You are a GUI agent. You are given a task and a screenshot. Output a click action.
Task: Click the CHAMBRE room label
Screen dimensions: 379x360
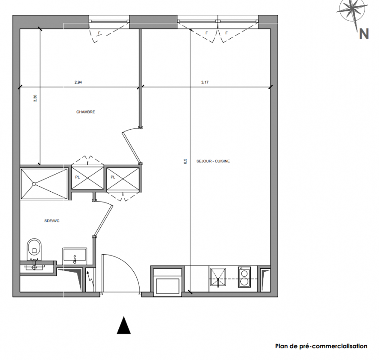click(86, 112)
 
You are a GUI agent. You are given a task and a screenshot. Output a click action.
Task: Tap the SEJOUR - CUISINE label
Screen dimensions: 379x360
click(213, 161)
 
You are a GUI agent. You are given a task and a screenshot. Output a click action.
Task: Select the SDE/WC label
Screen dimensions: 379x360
click(52, 221)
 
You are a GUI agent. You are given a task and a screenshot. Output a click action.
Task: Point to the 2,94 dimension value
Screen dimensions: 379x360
click(78, 82)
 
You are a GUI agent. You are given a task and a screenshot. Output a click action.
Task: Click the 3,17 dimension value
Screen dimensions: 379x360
click(205, 82)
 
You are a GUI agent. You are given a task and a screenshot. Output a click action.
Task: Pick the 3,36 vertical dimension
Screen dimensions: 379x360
click(35, 98)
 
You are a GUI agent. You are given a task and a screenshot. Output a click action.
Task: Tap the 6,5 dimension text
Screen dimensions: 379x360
click(185, 161)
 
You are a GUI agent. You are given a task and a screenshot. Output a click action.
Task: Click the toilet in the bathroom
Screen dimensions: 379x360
click(34, 249)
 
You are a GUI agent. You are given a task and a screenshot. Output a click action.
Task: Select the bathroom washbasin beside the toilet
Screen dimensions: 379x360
click(75, 256)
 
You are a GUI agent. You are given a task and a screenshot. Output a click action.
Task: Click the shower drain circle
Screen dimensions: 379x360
click(34, 184)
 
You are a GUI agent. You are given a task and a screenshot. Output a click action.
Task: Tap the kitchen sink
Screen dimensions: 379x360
click(218, 277)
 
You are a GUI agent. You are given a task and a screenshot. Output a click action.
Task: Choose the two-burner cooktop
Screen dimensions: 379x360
click(244, 277)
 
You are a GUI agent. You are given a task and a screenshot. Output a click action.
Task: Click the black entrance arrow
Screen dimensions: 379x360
click(124, 325)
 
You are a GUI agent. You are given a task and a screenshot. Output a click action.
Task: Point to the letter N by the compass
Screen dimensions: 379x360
click(364, 34)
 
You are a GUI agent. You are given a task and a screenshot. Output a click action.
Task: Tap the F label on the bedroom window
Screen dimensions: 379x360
click(99, 33)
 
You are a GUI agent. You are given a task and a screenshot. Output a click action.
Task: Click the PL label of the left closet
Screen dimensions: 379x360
click(77, 177)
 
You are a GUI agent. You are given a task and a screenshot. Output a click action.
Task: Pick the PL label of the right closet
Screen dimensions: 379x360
click(113, 177)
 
